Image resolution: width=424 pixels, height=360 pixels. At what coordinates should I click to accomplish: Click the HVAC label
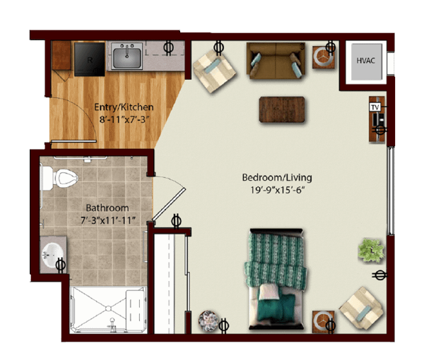[x=365, y=61]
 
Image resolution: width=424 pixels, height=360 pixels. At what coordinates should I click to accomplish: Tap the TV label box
[x=375, y=107]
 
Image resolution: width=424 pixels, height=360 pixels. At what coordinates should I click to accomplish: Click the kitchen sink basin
[x=126, y=57]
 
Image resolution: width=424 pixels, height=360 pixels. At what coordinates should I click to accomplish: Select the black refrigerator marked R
[x=90, y=59]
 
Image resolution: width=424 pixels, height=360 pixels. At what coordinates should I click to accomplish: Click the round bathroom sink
[x=52, y=255]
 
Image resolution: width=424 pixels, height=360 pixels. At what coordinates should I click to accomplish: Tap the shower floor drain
[x=108, y=308]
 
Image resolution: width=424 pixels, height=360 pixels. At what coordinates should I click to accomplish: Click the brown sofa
[x=276, y=61]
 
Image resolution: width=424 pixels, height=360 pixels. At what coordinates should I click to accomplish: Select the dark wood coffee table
[x=282, y=109]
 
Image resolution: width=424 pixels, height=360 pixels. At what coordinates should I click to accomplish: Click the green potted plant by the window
[x=371, y=251]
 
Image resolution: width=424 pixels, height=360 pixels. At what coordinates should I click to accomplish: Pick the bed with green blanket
[x=276, y=279]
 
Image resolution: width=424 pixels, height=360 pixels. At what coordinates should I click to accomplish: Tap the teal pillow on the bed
[x=276, y=307]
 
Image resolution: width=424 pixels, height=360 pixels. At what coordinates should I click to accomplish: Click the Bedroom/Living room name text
[x=277, y=178]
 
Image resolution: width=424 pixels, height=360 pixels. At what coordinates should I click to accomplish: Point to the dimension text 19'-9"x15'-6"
[x=277, y=190]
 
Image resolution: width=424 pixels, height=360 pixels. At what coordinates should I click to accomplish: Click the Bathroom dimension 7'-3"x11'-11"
[x=108, y=221]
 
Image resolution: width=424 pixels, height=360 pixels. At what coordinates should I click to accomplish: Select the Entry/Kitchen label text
[x=124, y=107]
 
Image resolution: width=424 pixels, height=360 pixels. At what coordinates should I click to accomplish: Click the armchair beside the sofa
[x=214, y=71]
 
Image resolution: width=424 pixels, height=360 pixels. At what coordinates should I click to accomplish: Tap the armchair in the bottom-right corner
[x=362, y=308]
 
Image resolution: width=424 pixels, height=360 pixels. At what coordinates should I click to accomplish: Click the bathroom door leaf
[x=169, y=205]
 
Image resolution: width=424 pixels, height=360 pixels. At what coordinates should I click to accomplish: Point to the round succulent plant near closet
[x=208, y=321]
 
